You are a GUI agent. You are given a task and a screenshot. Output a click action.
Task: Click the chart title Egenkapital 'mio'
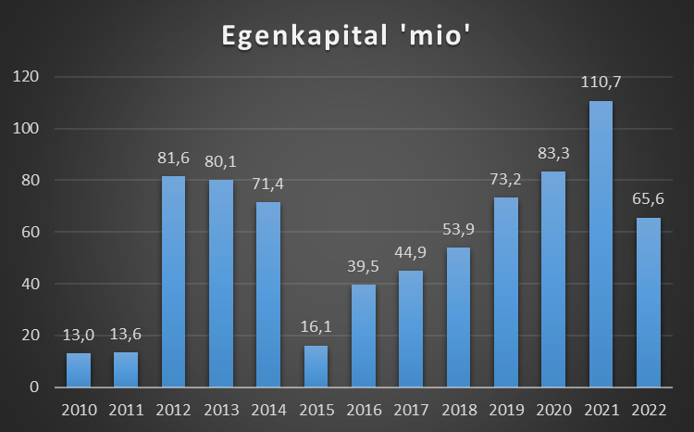(347, 35)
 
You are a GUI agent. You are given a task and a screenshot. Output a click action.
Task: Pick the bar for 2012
(173, 281)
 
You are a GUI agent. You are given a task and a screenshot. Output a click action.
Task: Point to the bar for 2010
(79, 370)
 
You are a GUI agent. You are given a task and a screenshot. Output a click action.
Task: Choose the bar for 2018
(458, 317)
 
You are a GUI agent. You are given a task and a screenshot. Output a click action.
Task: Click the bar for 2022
(648, 302)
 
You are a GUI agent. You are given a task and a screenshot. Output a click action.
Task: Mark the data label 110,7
(601, 83)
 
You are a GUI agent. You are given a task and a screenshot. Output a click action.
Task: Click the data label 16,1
(316, 328)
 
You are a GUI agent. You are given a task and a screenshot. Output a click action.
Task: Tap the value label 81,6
(173, 159)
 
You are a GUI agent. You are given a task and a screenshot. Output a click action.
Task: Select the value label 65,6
(648, 200)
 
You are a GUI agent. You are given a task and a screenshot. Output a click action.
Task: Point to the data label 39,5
(363, 267)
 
